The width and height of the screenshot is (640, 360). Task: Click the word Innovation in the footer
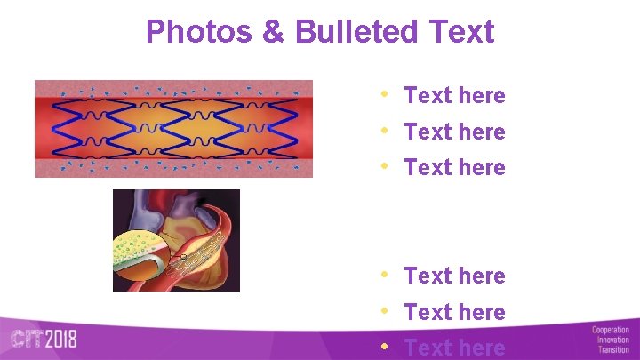[612, 340]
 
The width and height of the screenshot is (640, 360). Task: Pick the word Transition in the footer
[613, 350]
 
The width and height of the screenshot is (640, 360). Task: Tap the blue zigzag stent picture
[173, 129]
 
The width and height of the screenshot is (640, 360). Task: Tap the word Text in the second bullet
[428, 132]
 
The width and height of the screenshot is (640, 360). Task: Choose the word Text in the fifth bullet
[428, 312]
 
